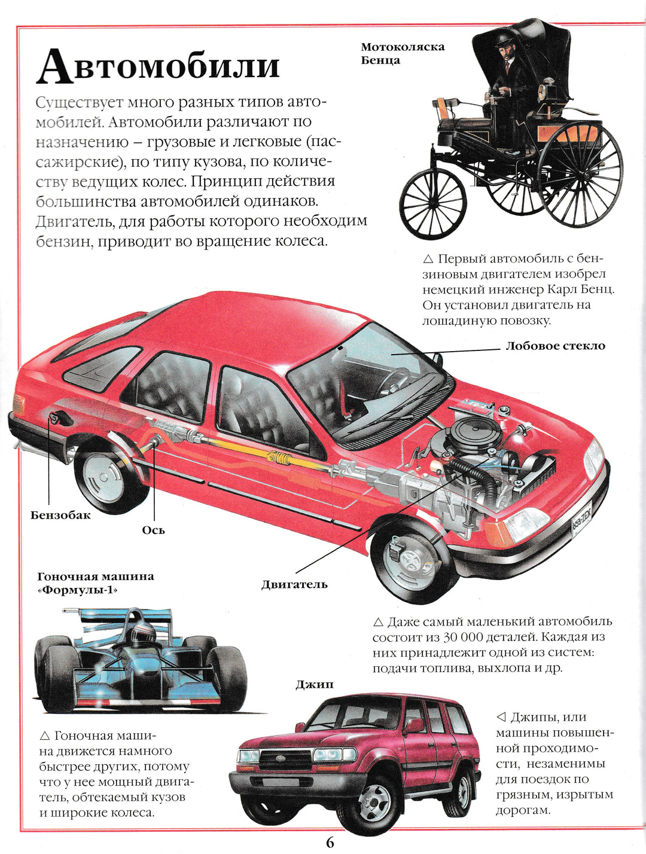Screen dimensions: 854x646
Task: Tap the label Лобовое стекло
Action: [555, 346]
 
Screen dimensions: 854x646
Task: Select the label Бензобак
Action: [60, 515]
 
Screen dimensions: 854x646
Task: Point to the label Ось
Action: [153, 530]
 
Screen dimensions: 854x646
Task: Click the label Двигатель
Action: [294, 584]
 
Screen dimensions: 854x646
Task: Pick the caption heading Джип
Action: [315, 684]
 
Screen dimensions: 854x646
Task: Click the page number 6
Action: [330, 843]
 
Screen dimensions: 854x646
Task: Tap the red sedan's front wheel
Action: [410, 562]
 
